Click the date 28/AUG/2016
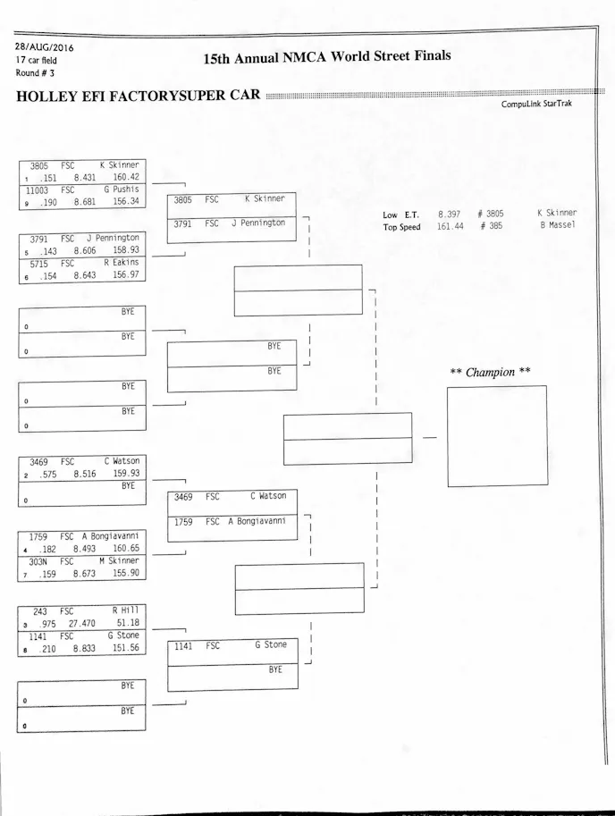pyautogui.click(x=43, y=46)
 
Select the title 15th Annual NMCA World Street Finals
pyautogui.click(x=326, y=57)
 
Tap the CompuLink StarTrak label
pyautogui.click(x=536, y=105)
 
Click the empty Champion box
pyautogui.click(x=497, y=435)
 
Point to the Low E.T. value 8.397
pyautogui.click(x=449, y=214)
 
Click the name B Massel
pyautogui.click(x=559, y=226)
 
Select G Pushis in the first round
pyautogui.click(x=122, y=189)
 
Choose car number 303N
pyautogui.click(x=38, y=561)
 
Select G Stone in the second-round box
pyautogui.click(x=270, y=644)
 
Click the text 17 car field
pyautogui.click(x=36, y=60)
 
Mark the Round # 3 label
pyautogui.click(x=35, y=73)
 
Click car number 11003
pyautogui.click(x=37, y=189)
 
